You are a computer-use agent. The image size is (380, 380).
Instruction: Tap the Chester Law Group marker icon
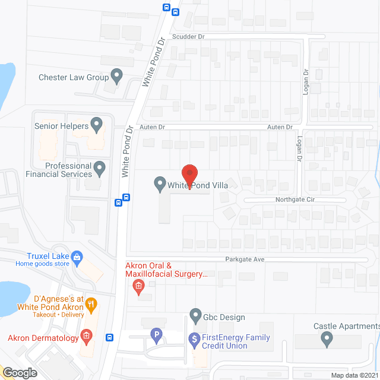click(117, 76)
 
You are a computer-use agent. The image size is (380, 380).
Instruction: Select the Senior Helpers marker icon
click(97, 125)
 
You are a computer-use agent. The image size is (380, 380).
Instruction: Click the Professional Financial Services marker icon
click(100, 169)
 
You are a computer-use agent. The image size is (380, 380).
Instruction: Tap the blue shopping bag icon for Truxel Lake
click(77, 257)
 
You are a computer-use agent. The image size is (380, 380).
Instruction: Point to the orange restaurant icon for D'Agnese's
click(91, 306)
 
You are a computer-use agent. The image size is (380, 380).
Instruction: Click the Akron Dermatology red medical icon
click(87, 338)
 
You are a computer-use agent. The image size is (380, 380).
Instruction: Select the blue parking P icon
click(156, 335)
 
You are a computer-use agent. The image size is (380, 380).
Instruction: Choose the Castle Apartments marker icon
click(327, 339)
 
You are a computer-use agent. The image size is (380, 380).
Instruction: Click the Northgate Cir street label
click(294, 200)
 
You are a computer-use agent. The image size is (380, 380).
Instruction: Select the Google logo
click(20, 373)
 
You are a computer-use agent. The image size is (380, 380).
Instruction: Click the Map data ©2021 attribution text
click(354, 375)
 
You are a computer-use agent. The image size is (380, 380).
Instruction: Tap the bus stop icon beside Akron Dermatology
click(110, 338)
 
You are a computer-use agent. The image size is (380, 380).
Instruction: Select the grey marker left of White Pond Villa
click(160, 183)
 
